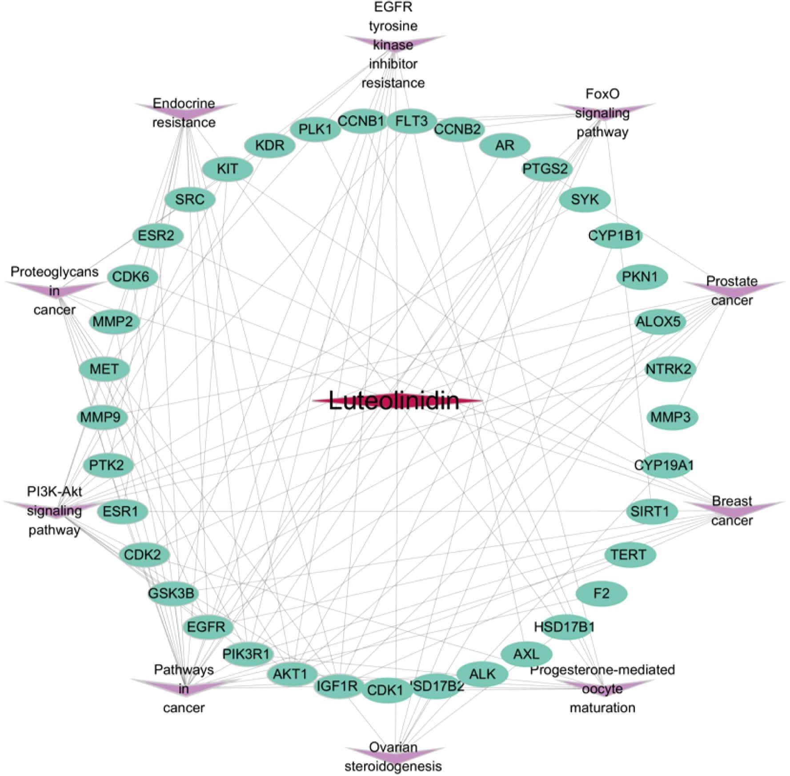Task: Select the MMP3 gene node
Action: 671,417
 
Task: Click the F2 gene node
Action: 602,593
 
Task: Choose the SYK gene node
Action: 585,199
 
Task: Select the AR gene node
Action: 505,145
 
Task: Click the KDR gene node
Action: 270,145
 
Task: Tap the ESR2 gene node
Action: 157,235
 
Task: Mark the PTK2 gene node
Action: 107,465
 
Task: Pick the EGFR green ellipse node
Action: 207,627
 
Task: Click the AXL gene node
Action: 526,654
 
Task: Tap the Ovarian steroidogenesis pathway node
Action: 393,754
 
